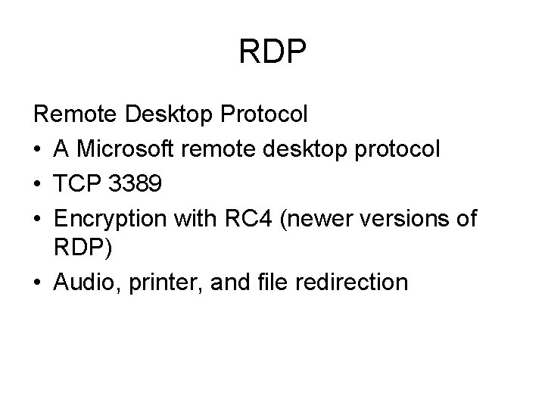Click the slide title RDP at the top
click(272, 52)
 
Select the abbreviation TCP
click(79, 184)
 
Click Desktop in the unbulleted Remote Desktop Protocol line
click(169, 114)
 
